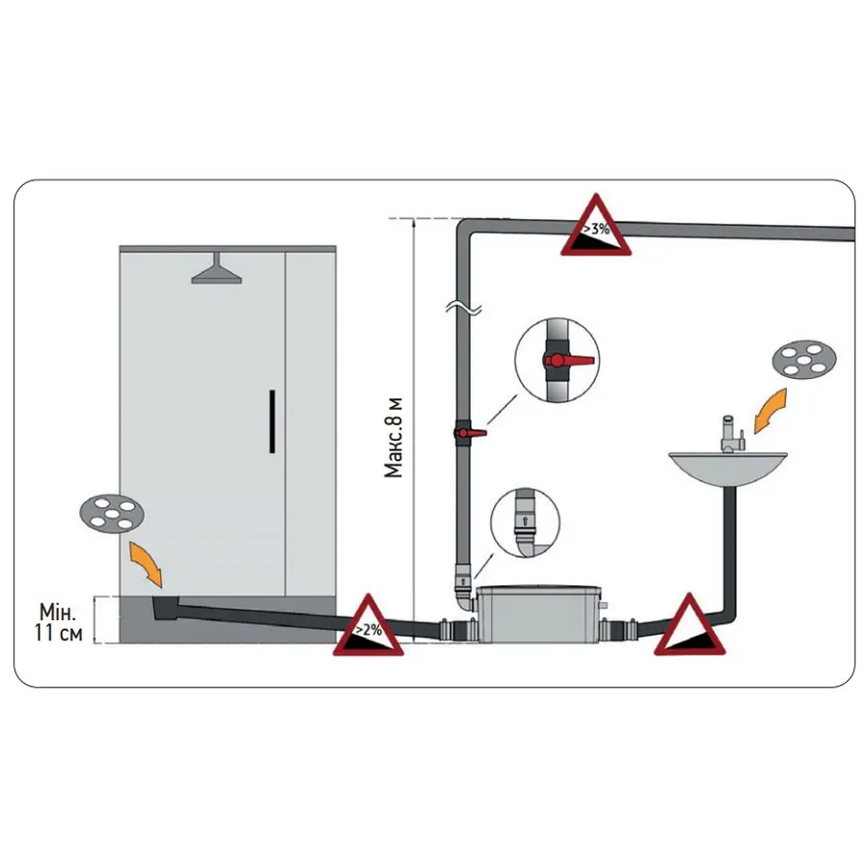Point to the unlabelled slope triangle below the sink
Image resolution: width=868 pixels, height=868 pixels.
[x=691, y=629]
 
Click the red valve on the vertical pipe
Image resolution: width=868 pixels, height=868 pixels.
[x=469, y=434]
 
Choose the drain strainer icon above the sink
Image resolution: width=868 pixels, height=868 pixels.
[x=803, y=361]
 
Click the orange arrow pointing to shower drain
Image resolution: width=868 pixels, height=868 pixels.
[x=143, y=564]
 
